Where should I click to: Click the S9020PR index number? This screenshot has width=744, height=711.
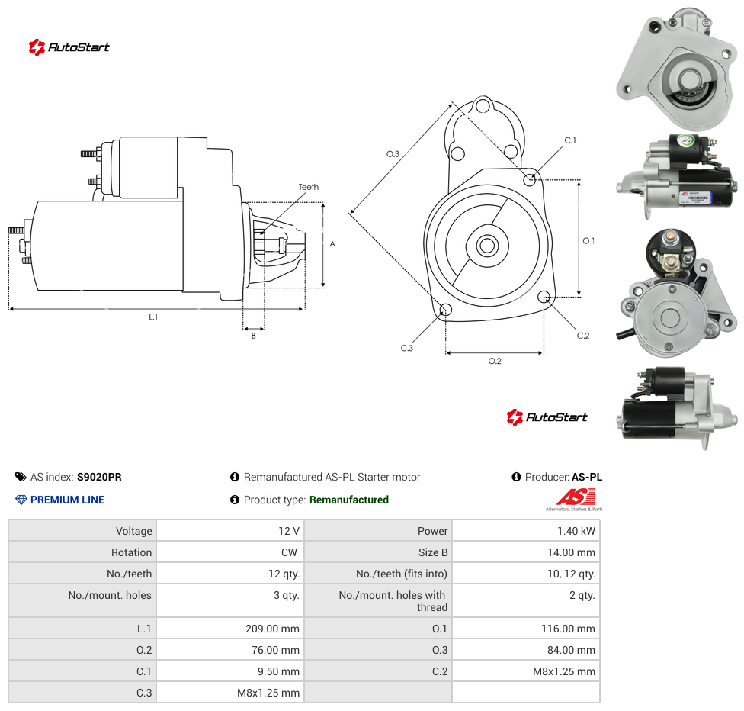click(99, 477)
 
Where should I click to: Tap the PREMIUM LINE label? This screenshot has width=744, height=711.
click(67, 500)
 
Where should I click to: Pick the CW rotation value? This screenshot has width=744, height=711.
click(289, 552)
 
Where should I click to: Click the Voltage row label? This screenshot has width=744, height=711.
click(134, 531)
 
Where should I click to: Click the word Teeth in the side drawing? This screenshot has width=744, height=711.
click(309, 187)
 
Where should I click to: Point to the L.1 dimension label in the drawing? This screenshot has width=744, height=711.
click(153, 317)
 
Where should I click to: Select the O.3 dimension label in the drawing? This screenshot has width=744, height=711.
click(393, 154)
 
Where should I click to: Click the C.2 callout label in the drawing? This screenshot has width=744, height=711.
click(583, 336)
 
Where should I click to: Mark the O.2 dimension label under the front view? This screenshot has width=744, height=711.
click(495, 361)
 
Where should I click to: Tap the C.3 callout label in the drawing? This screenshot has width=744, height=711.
click(407, 348)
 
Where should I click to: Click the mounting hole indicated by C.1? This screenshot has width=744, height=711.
click(530, 179)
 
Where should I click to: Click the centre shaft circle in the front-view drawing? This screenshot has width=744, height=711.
click(487, 246)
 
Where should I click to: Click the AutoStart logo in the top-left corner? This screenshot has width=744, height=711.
click(69, 47)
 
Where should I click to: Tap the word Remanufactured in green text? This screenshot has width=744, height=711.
click(349, 500)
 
